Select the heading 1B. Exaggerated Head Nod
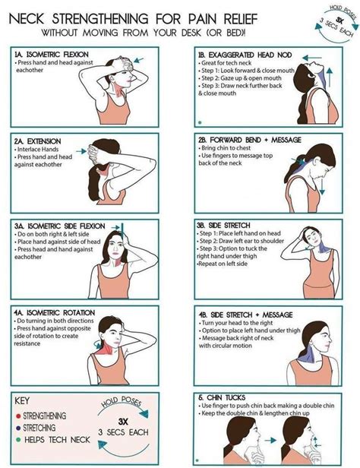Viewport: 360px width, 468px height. click(243, 55)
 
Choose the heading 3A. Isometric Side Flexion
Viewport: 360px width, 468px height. click(59, 226)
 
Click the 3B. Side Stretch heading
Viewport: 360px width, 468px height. click(226, 225)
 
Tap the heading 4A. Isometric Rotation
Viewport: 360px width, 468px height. click(55, 311)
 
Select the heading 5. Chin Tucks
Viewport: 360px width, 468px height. click(225, 398)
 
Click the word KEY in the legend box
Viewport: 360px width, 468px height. click(24, 401)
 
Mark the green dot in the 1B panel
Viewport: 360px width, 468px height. click(198, 121)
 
